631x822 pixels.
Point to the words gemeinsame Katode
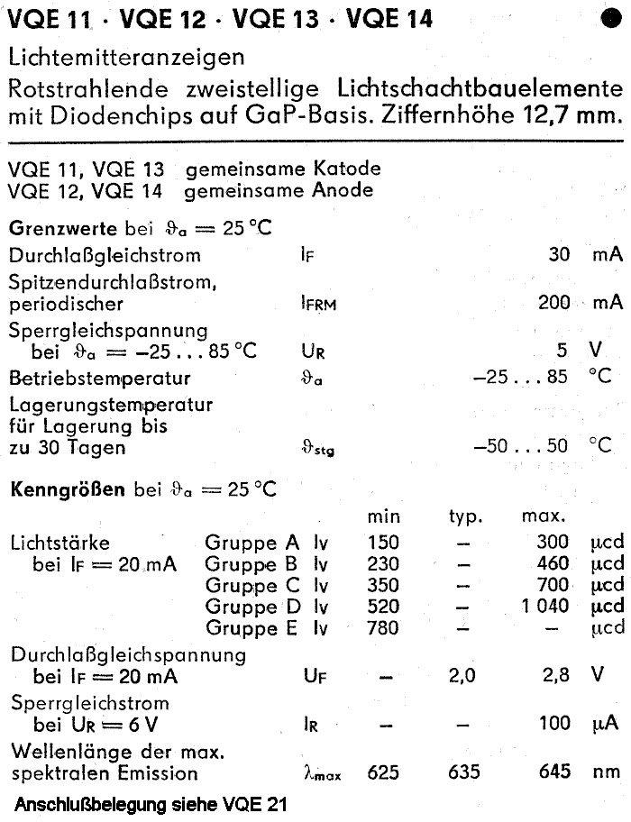tap(282, 169)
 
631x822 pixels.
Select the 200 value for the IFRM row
tap(553, 303)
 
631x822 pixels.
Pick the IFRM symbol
tap(318, 305)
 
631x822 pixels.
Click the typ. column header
tap(466, 517)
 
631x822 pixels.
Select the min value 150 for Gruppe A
tap(383, 543)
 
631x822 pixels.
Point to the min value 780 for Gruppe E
tap(383, 628)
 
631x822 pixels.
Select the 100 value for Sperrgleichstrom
tap(553, 723)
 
